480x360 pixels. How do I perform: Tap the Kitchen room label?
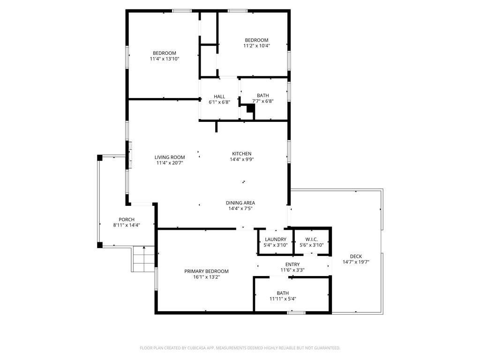[242, 154]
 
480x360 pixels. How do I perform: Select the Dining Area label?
[240, 203]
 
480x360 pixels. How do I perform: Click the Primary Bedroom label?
[206, 271]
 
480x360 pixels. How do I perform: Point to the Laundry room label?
[275, 240]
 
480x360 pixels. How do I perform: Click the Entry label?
[292, 264]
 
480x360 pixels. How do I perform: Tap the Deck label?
[356, 256]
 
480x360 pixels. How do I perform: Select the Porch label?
[127, 219]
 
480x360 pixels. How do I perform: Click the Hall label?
[219, 97]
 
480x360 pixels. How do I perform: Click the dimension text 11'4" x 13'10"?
[165, 59]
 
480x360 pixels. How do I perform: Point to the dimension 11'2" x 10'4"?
[256, 46]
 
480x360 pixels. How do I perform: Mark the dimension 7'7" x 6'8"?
[262, 101]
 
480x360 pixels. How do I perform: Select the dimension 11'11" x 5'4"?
[283, 299]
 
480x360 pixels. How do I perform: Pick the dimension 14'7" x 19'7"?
[356, 262]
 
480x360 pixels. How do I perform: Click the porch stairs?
[143, 259]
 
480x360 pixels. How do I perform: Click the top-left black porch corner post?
[99, 158]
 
